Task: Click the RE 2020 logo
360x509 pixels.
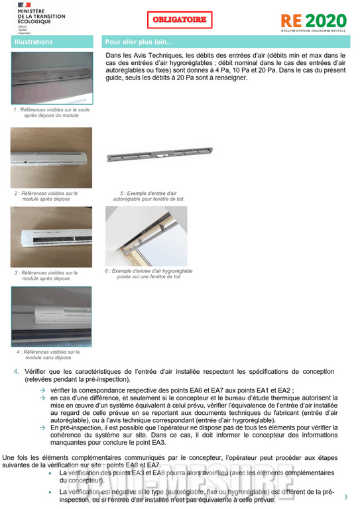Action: click(x=314, y=21)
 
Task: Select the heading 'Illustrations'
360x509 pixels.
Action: click(x=34, y=42)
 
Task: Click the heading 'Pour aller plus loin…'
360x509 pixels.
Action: click(x=139, y=42)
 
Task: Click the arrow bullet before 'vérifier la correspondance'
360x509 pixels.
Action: click(x=42, y=391)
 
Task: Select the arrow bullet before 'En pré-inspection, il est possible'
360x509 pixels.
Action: click(x=42, y=427)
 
